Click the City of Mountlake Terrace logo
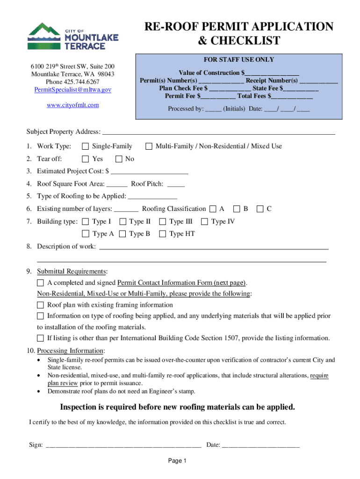coord(72,36)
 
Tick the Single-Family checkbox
coord(85,146)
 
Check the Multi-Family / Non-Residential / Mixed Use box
coord(149,146)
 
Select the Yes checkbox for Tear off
coord(85,159)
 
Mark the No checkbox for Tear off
coord(118,159)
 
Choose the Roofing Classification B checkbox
coord(237,209)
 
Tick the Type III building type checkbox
coord(163,221)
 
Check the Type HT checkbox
coord(163,234)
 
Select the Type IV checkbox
coord(204,221)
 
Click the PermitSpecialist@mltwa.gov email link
coord(72,89)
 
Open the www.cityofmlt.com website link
coord(72,105)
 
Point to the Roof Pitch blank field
coord(176,184)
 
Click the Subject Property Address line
coord(218,132)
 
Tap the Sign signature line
coord(123,445)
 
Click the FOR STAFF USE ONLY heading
coord(238,60)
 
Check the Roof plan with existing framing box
coord(40,305)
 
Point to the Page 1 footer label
coord(178,461)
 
